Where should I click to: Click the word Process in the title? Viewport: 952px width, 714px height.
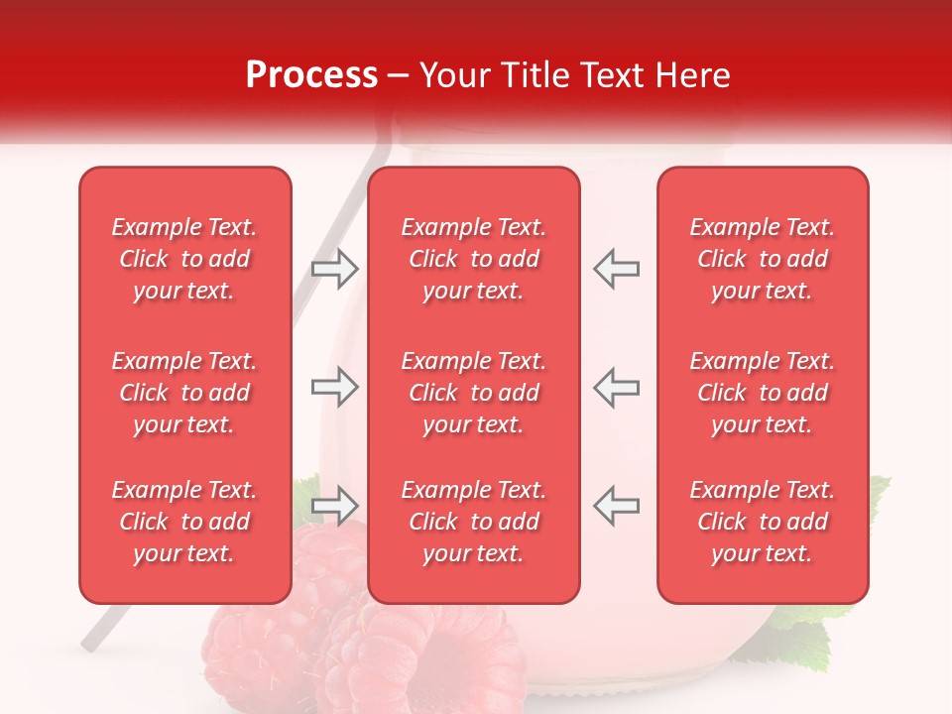pos(311,75)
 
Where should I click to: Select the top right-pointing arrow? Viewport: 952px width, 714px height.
pos(334,268)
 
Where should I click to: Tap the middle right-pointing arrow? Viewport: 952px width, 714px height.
pos(334,387)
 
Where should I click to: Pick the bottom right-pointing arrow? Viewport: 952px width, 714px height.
pos(334,506)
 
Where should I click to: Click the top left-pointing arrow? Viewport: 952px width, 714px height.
pos(617,268)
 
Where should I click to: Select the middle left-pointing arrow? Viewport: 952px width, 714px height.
pos(617,387)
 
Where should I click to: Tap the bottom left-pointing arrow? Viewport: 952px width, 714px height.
pos(617,506)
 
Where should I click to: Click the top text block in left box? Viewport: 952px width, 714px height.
pos(184,259)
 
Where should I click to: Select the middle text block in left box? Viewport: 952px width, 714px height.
pos(184,393)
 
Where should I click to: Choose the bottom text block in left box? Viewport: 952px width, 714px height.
pos(184,522)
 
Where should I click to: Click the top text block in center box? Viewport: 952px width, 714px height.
pos(474,259)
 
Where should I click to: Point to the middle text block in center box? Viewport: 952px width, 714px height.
pos(474,393)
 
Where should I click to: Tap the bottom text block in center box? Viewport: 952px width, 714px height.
pos(474,522)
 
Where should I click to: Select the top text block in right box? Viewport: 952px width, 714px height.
pos(763,259)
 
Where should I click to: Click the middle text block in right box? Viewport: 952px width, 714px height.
pos(763,393)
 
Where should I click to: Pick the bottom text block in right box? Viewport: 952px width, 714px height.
pos(763,522)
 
